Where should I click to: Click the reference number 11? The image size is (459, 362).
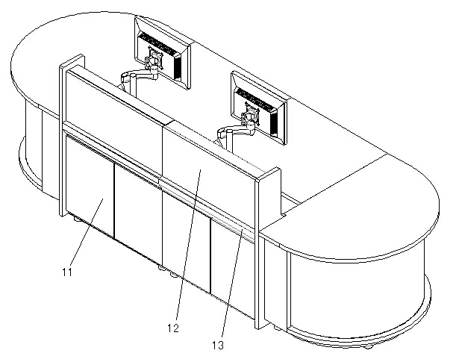click(67, 272)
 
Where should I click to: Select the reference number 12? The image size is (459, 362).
click(173, 328)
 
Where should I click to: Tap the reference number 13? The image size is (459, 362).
click(218, 346)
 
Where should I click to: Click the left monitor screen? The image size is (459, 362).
click(162, 53)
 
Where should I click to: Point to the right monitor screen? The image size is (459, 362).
click(259, 108)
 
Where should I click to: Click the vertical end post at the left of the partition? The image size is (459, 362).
click(72, 134)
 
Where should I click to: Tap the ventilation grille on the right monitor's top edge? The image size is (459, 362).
click(257, 101)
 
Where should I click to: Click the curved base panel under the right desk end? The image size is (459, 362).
click(358, 296)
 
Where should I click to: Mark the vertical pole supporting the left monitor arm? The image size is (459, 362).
click(134, 85)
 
